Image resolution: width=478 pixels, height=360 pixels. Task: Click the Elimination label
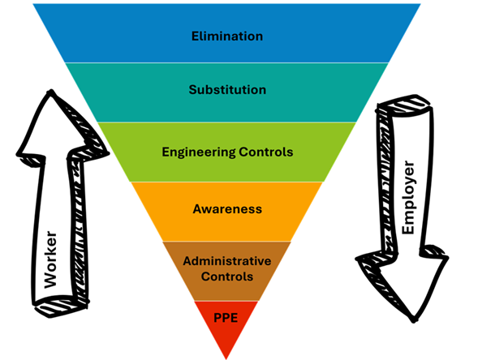[226, 36]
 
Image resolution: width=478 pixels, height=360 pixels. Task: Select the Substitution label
[226, 90]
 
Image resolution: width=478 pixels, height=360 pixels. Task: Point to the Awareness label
[226, 208]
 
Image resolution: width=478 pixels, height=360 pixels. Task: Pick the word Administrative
[226, 261]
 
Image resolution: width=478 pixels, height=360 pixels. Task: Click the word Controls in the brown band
[226, 276]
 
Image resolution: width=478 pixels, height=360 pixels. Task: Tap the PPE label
[226, 317]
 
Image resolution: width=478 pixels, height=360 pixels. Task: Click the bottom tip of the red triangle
[226, 358]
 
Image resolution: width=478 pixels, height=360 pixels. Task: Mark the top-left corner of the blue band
[32, 4]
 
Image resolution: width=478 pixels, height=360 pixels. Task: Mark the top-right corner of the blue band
[421, 4]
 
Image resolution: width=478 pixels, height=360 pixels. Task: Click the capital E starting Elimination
[195, 36]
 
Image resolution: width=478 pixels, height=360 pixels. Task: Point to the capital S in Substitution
[192, 90]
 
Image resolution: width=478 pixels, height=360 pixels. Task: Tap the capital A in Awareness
[197, 208]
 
